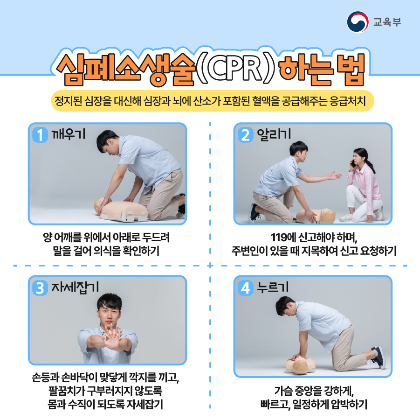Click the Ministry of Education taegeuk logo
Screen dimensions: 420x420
(358, 22)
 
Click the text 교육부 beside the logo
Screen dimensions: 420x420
(387, 22)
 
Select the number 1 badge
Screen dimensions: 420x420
(40, 135)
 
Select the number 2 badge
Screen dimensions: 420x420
(245, 135)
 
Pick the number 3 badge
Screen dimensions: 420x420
(40, 288)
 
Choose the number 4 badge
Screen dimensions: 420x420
(245, 288)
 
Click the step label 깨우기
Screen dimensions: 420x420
(69, 134)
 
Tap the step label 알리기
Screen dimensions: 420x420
(274, 134)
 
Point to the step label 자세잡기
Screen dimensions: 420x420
(75, 287)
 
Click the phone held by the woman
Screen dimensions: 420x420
(353, 163)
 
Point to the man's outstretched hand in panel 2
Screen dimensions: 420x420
(335, 175)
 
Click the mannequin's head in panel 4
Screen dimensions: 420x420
(300, 367)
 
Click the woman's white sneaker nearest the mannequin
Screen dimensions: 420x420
(346, 217)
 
